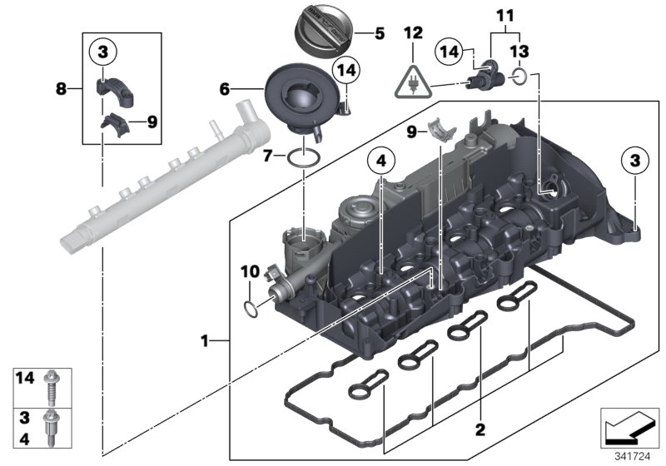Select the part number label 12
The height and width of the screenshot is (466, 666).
(x=414, y=33)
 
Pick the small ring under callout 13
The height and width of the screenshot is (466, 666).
(x=518, y=77)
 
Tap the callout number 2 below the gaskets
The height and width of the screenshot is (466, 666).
(x=479, y=430)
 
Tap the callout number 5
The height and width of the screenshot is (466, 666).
(x=380, y=34)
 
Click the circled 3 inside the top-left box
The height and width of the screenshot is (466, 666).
(x=102, y=52)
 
